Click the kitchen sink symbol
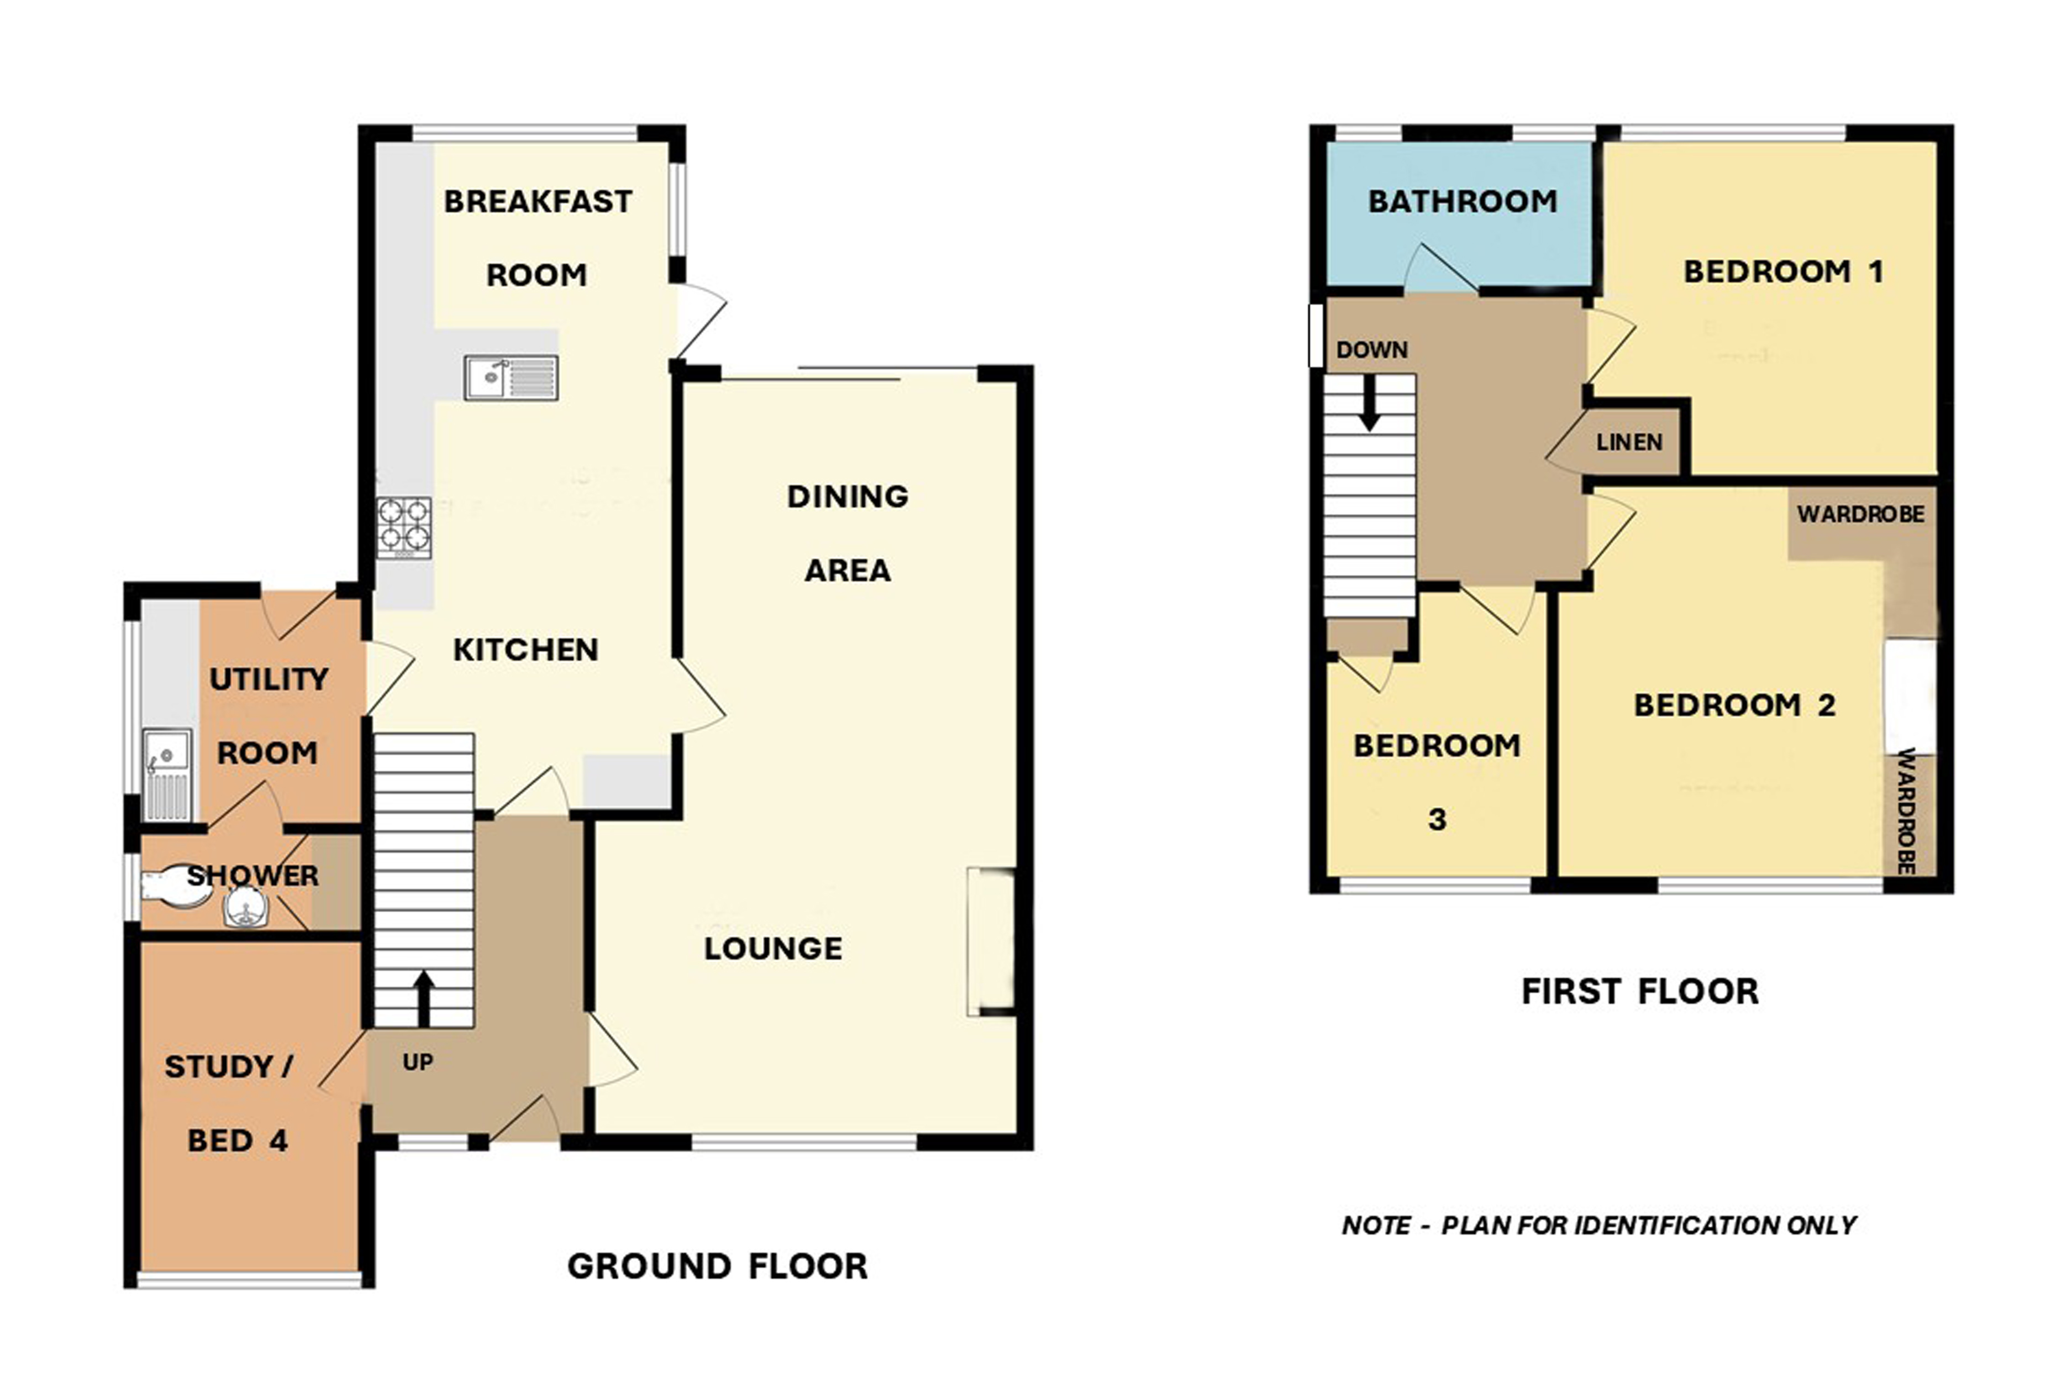[x=511, y=378]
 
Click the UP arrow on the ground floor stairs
[x=424, y=998]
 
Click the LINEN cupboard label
[x=1629, y=442]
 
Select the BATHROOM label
[x=1463, y=202]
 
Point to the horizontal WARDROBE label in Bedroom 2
[x=1860, y=515]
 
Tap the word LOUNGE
[x=772, y=949]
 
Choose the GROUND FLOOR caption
[x=717, y=1266]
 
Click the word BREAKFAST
[x=538, y=202]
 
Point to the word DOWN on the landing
[x=1371, y=350]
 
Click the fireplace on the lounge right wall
[x=992, y=941]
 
